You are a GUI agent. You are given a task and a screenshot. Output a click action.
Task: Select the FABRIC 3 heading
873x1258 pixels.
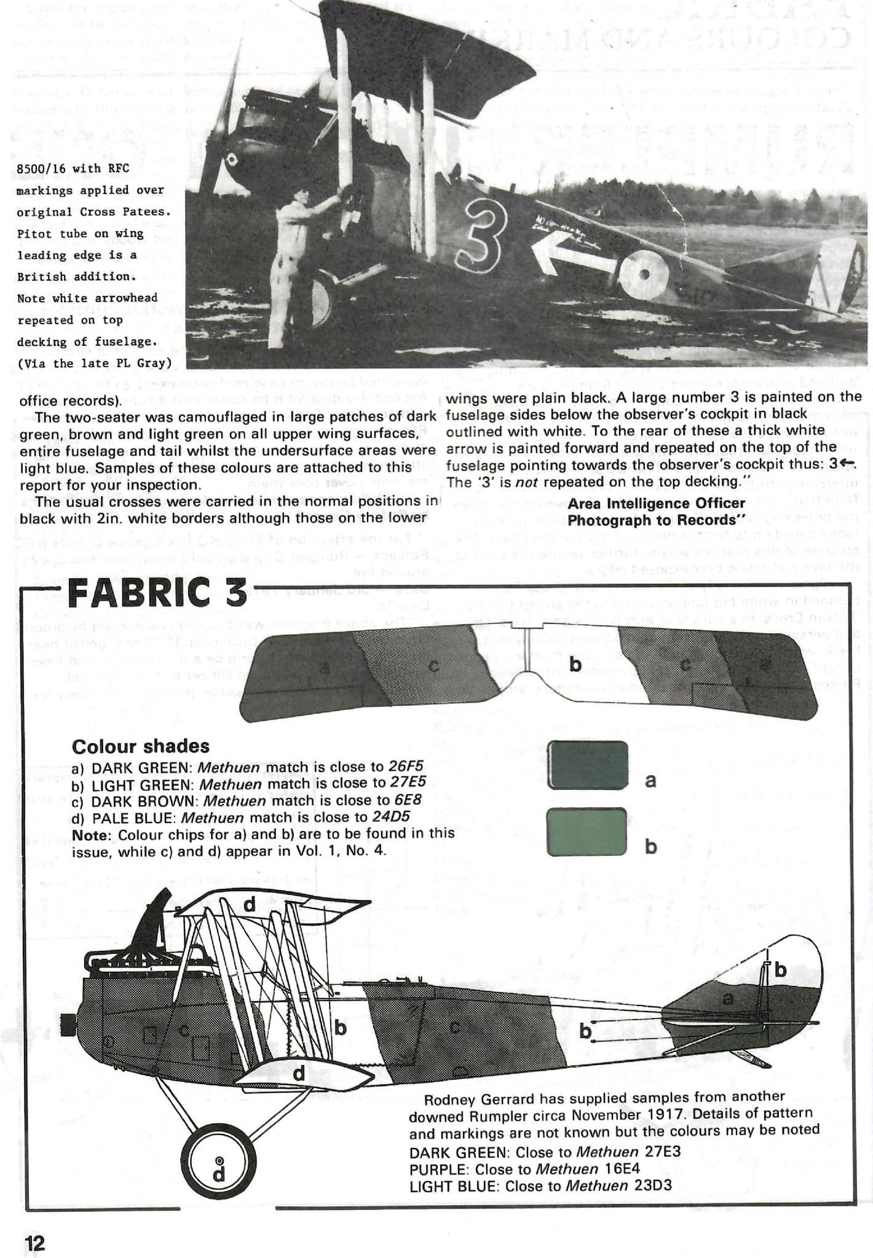pos(157,592)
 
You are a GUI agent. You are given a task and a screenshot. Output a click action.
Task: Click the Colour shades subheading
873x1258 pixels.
pos(140,746)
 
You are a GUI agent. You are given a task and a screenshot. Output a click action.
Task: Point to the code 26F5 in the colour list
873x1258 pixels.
pos(406,767)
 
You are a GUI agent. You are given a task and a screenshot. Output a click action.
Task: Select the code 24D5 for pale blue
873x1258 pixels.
pos(391,817)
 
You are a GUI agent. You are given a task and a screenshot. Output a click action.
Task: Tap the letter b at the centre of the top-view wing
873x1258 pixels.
pos(575,664)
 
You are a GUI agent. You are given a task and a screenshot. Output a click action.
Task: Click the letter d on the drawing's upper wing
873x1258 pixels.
pos(250,905)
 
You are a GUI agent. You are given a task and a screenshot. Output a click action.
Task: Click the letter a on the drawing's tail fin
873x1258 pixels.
pos(728,999)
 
